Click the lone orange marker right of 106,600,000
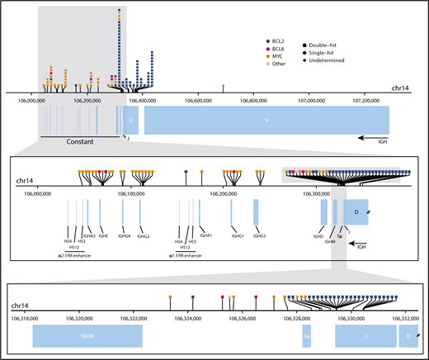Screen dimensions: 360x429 [x=223, y=85]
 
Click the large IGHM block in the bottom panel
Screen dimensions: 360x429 [x=87, y=336]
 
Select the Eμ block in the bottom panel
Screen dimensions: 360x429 [x=306, y=336]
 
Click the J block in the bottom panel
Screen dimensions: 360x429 [x=365, y=336]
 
